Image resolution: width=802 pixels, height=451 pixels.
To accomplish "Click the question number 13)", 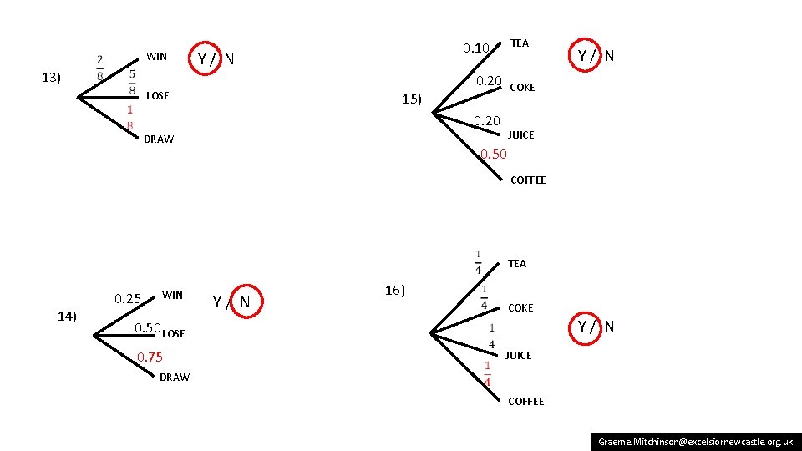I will pyautogui.click(x=51, y=78).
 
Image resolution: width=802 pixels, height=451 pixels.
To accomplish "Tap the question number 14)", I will pyautogui.click(x=67, y=316).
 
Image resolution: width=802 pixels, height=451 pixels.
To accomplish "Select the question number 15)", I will pyautogui.click(x=411, y=100).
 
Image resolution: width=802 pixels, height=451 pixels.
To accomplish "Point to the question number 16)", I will pyautogui.click(x=395, y=291).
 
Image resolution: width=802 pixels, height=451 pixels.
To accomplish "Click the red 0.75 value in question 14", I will pyautogui.click(x=150, y=357).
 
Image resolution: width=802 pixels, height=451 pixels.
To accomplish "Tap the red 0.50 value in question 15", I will pyautogui.click(x=494, y=154).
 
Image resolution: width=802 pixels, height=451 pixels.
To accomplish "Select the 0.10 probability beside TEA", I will pyautogui.click(x=475, y=48).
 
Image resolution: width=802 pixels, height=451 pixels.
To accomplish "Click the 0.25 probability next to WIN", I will pyautogui.click(x=128, y=299).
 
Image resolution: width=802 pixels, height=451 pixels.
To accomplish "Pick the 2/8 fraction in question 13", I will pyautogui.click(x=100, y=67).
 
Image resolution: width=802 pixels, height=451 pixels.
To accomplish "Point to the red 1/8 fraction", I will pyautogui.click(x=130, y=118).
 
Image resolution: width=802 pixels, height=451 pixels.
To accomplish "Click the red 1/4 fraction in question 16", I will pyautogui.click(x=488, y=373).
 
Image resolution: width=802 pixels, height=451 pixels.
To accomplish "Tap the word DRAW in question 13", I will pyautogui.click(x=159, y=139).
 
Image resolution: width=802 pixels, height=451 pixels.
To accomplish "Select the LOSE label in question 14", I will pyautogui.click(x=174, y=334).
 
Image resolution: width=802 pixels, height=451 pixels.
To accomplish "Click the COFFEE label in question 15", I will pyautogui.click(x=528, y=180).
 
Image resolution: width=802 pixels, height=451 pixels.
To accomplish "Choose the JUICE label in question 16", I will pyautogui.click(x=518, y=356).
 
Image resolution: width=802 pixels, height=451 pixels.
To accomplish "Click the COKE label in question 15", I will pyautogui.click(x=522, y=88).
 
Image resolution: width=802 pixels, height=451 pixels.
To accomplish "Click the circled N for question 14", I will pyautogui.click(x=245, y=302).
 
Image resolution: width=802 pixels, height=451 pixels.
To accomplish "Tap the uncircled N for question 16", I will pyautogui.click(x=609, y=327).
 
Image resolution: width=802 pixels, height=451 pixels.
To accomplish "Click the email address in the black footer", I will pyautogui.click(x=695, y=441).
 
